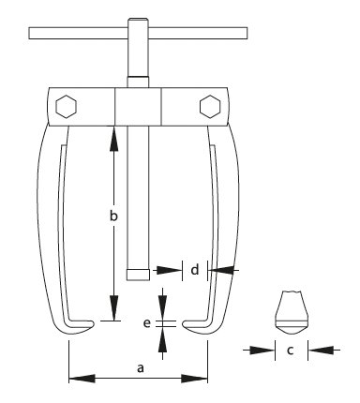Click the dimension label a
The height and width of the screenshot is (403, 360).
click(x=140, y=368)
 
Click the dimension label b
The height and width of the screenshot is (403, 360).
click(x=112, y=216)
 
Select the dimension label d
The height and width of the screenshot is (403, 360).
click(x=194, y=270)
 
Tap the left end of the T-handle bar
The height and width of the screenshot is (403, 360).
click(x=33, y=36)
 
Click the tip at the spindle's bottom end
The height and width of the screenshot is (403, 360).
click(x=136, y=275)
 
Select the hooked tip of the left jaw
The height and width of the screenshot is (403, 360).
click(x=89, y=324)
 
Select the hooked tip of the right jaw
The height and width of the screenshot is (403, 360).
click(x=187, y=324)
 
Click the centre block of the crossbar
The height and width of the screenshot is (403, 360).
click(x=136, y=105)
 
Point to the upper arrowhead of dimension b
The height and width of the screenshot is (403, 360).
click(x=114, y=131)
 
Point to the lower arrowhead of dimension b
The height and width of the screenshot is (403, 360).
click(x=114, y=315)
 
